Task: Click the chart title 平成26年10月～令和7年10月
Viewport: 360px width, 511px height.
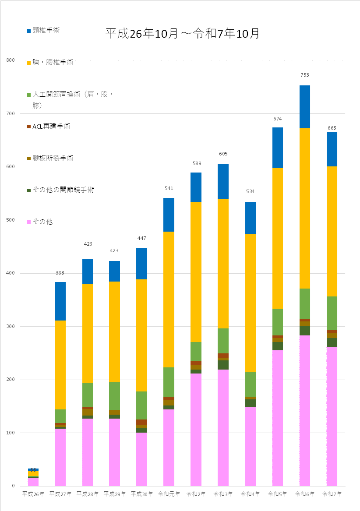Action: point(182,34)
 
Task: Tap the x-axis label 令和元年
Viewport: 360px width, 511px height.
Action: point(169,494)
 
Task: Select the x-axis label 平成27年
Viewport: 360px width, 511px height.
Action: point(60,494)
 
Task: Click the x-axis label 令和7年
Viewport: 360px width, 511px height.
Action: point(332,494)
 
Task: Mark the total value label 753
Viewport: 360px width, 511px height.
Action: point(305,75)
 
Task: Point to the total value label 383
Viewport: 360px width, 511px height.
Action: point(60,273)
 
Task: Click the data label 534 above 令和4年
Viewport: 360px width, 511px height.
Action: point(250,191)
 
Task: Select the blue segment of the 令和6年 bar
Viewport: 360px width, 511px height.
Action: point(305,106)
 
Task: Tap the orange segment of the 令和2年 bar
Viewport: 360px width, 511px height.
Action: point(196,271)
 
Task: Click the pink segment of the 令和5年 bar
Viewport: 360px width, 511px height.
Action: point(278,418)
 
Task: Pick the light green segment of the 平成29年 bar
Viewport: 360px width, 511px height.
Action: point(114,396)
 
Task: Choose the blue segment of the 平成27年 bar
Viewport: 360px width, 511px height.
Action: point(60,301)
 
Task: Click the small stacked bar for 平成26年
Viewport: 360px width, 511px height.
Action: point(33,477)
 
